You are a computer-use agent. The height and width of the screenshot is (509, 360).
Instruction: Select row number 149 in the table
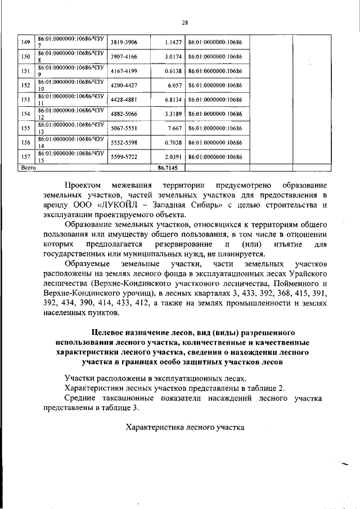tap(25, 42)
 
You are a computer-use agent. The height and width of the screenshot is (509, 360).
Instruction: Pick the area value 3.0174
tap(172, 57)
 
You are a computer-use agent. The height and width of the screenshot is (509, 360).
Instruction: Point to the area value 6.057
tap(173, 85)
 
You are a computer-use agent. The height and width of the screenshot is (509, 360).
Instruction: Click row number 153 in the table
tap(25, 100)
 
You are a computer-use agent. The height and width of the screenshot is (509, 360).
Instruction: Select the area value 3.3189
tap(172, 114)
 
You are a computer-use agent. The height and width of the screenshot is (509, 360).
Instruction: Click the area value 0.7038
tap(172, 143)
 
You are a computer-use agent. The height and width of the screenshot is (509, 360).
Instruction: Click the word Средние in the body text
tap(80, 398)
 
